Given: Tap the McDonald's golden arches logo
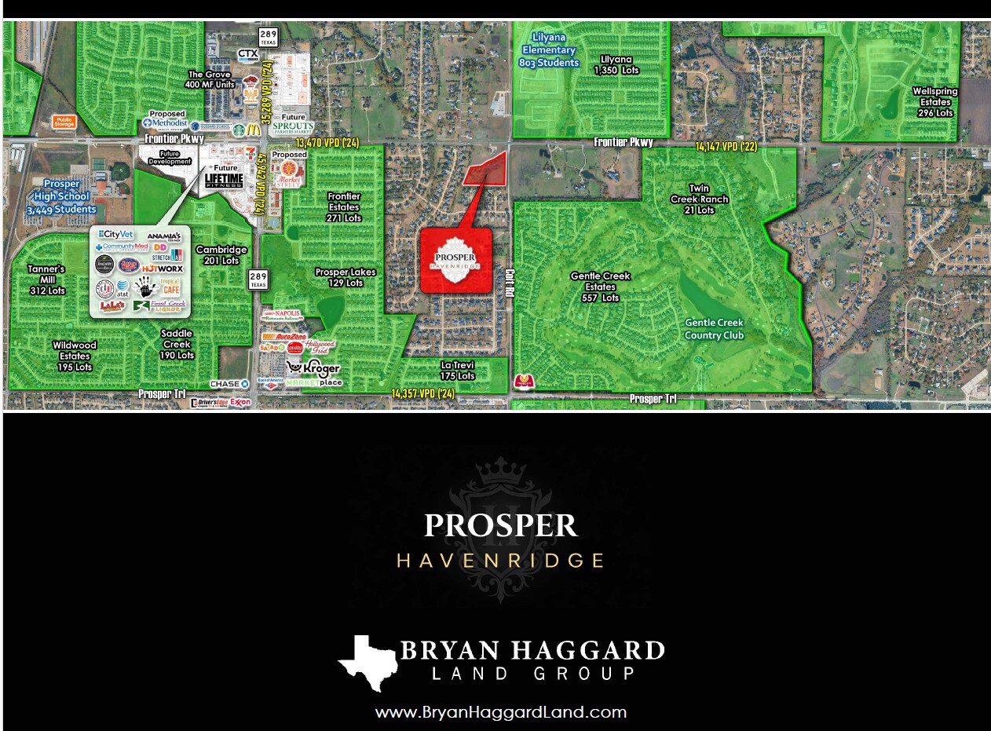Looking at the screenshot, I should [253, 129].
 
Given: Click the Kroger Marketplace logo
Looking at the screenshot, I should [313, 373].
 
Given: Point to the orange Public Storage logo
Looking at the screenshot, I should [64, 122].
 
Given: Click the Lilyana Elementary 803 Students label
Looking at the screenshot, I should [550, 51].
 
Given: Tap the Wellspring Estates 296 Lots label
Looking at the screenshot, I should [934, 102].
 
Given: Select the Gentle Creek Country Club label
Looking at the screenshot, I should [714, 329].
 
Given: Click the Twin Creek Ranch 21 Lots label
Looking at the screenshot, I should [698, 199].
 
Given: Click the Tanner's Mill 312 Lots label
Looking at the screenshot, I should [46, 280].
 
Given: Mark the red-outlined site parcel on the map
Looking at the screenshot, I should [488, 168].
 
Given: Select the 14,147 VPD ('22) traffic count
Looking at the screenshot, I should [726, 146].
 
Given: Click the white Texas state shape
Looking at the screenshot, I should [365, 662].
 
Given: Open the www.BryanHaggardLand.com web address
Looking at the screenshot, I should [501, 713].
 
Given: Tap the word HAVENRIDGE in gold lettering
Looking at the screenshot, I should [501, 561].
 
